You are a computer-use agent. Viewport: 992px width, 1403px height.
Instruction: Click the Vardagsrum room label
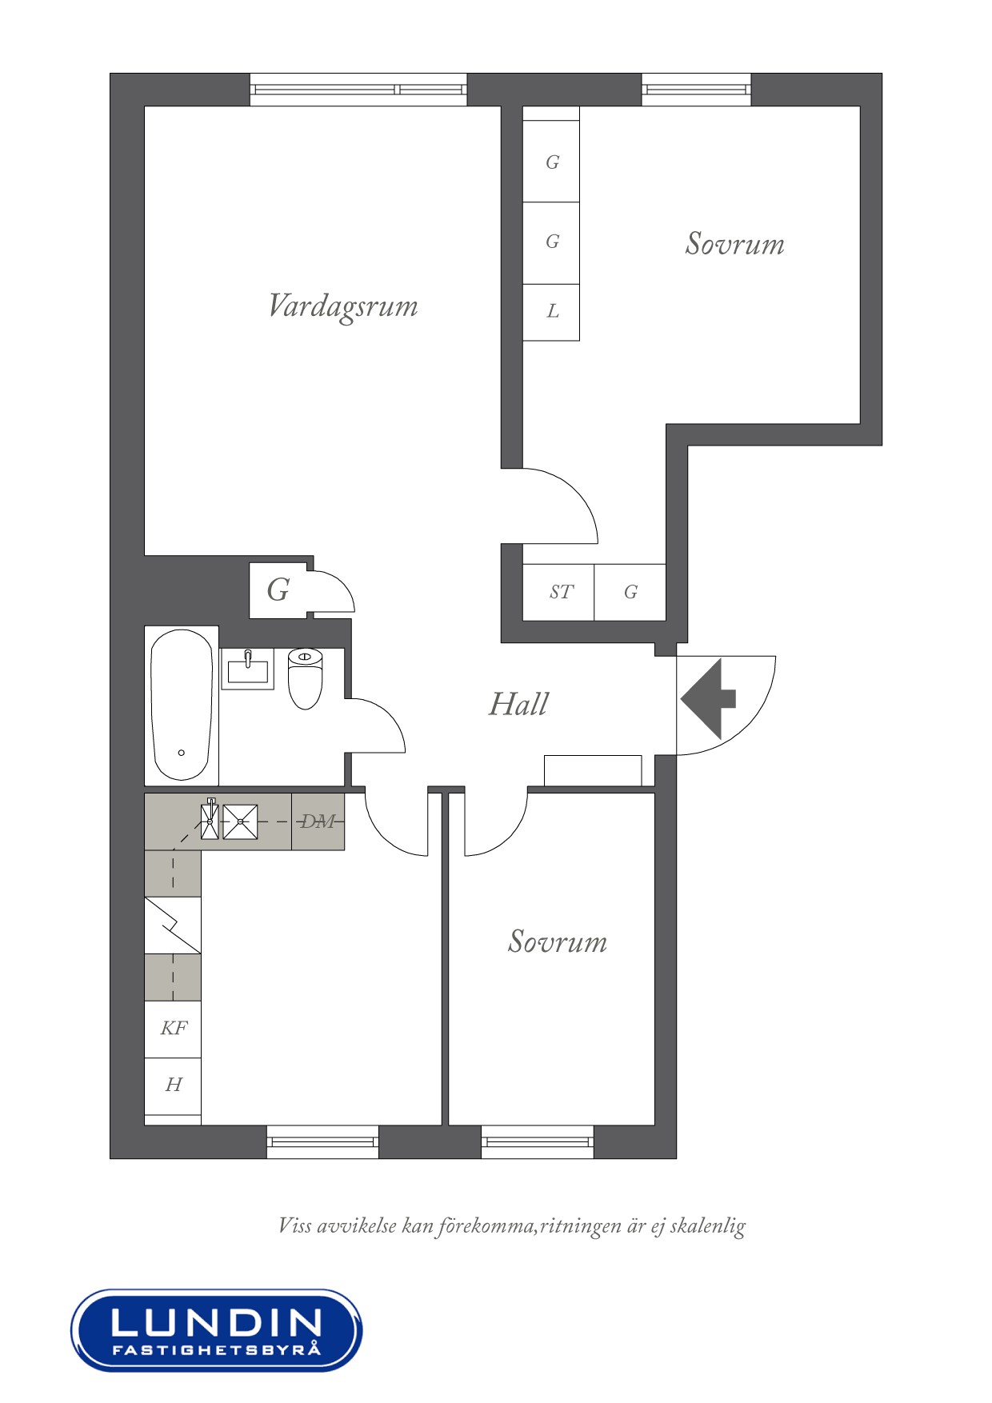tap(343, 306)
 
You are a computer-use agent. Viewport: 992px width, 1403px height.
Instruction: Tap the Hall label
tap(518, 704)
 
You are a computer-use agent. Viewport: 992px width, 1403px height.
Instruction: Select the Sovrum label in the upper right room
tap(734, 243)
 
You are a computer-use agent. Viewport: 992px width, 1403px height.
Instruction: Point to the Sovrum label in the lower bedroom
tap(558, 941)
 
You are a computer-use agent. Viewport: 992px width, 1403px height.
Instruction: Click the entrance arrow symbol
tap(708, 699)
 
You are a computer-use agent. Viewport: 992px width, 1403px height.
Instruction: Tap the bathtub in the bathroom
tap(182, 705)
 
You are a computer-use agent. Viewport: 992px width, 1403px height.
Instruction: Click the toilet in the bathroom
tap(305, 678)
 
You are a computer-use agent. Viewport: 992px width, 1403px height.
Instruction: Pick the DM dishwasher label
tap(318, 821)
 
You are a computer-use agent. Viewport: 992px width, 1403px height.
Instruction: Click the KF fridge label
tap(174, 1028)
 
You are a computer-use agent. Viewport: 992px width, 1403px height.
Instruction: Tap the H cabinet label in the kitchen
tap(174, 1085)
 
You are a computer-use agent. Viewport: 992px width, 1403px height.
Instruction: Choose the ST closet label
tap(561, 592)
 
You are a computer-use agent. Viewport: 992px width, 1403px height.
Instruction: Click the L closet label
tap(552, 311)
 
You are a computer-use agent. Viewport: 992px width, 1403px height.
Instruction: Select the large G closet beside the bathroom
tap(278, 590)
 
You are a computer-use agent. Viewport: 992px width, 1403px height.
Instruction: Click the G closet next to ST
tap(630, 592)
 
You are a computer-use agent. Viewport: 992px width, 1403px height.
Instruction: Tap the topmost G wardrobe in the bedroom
tap(551, 162)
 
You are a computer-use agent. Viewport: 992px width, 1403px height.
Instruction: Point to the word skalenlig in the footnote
tap(708, 1226)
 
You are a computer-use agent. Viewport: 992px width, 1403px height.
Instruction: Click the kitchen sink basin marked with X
tap(240, 821)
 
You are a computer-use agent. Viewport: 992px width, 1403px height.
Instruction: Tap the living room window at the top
tap(358, 90)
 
